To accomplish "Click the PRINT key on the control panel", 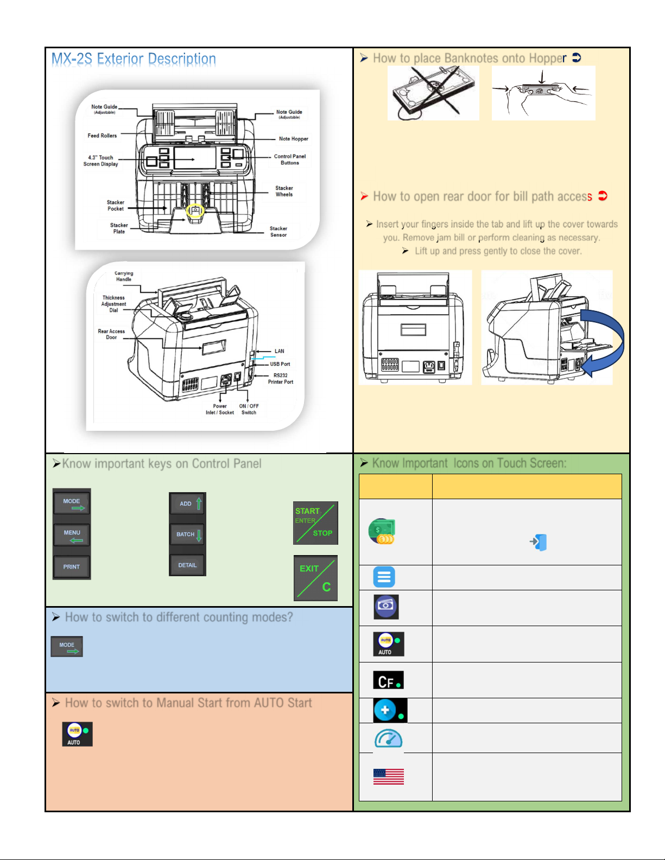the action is [72, 567].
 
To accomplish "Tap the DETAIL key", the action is [187, 565].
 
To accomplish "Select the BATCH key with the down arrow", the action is [187, 534].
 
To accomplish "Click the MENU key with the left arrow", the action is [72, 535].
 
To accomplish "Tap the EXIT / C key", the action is [315, 578].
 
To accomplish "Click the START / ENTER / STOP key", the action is [315, 523].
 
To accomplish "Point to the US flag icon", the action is [388, 776].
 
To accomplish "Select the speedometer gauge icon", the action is [388, 738].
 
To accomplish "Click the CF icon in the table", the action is [388, 680].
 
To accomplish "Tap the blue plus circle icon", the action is [390, 710].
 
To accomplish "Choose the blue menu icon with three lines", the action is [384, 577].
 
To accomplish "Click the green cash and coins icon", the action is [382, 531].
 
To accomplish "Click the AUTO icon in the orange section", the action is [77, 734].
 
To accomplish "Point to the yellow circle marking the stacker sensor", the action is [195, 210].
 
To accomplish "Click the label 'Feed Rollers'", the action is [102, 135].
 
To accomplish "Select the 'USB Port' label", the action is [280, 364].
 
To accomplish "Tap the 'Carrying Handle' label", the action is [124, 276].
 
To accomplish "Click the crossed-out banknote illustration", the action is [433, 93].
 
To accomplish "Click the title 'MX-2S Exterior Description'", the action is [134, 59].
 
